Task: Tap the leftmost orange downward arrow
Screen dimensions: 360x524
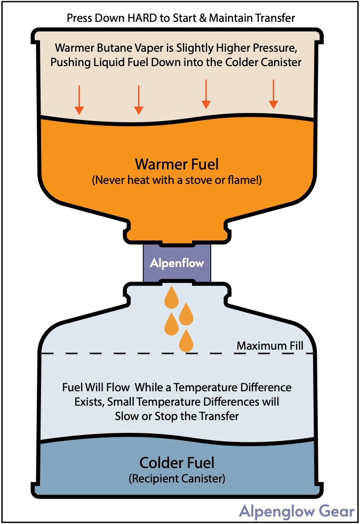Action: tap(79, 100)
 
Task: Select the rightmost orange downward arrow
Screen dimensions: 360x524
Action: tap(274, 94)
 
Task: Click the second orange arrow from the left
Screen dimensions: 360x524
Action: tap(139, 100)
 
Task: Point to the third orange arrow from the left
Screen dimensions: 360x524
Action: tap(206, 94)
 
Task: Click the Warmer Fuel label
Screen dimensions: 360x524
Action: tap(177, 164)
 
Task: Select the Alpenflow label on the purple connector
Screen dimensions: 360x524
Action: tap(177, 263)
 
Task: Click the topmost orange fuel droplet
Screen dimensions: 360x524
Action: tap(171, 297)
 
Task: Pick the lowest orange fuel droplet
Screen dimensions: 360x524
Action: tap(186, 341)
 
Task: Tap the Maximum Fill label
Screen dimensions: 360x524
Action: tap(270, 345)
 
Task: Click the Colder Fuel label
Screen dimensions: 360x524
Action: tap(177, 463)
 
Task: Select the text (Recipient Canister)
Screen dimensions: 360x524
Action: tap(177, 479)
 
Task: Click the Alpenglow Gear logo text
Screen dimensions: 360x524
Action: tap(297, 511)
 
